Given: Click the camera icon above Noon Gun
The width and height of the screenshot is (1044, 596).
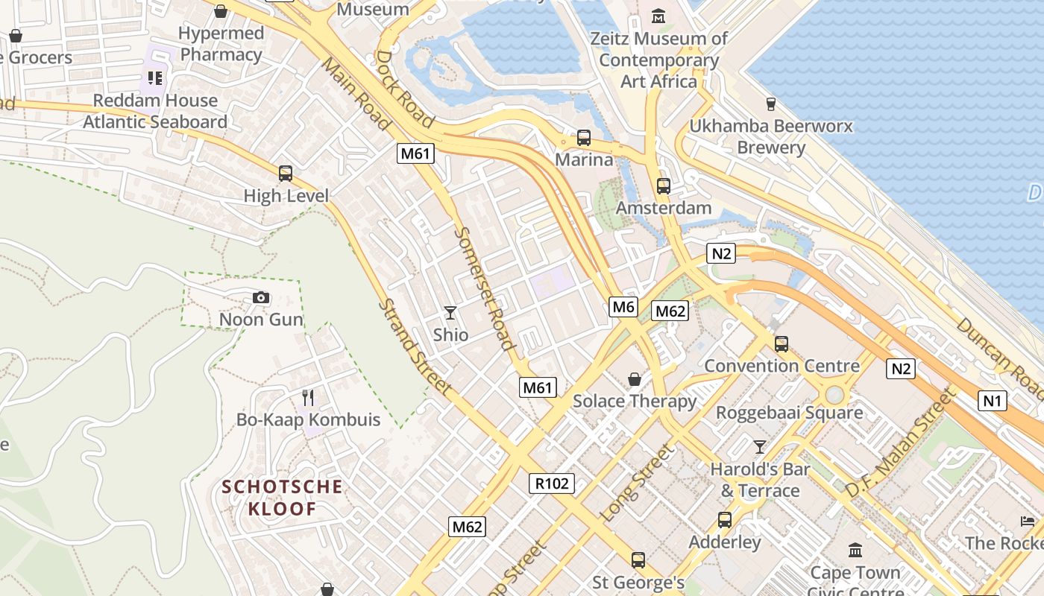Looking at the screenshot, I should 260,298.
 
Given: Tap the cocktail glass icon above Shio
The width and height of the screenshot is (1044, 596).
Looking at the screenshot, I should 450,312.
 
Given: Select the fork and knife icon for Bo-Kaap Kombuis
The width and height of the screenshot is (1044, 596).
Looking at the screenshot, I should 308,398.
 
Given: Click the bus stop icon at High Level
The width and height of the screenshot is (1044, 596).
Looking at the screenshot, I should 286,174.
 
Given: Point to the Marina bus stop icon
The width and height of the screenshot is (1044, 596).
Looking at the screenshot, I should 584,138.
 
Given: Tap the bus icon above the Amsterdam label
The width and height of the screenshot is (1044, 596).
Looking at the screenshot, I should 664,186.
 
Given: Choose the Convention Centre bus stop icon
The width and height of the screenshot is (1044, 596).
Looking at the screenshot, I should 782,344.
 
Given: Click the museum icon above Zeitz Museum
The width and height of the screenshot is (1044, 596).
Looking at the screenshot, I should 658,16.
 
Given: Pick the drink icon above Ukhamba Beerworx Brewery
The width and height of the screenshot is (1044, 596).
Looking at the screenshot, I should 771,104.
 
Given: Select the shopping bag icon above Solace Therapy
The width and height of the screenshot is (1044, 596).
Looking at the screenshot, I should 635,380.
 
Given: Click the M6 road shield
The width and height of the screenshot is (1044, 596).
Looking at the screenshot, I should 623,306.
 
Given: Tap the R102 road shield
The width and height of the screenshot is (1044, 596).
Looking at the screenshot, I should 552,484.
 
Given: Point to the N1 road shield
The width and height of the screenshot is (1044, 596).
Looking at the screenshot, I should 992,401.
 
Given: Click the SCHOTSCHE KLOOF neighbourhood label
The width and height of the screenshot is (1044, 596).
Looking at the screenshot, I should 283,498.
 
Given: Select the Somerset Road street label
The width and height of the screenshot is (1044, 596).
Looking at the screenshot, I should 484,289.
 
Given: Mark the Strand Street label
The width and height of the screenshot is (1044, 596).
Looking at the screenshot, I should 415,346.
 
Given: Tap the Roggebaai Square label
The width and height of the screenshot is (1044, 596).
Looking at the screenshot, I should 789,412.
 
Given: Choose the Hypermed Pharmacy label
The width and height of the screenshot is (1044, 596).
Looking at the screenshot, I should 221,44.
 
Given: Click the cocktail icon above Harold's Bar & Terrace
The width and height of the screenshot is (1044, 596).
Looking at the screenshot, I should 760,447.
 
